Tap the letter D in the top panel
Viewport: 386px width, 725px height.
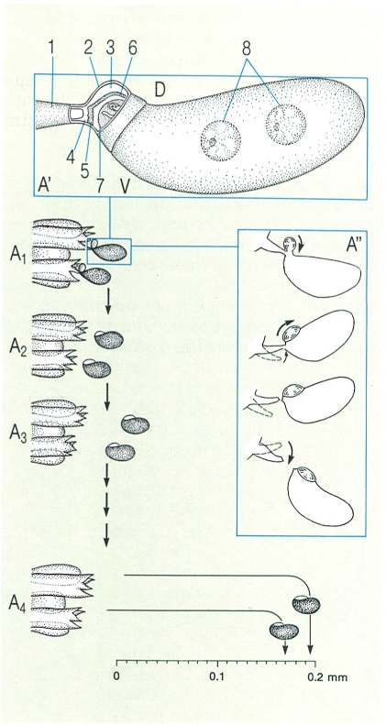pos(160,90)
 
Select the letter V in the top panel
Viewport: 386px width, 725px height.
pos(125,185)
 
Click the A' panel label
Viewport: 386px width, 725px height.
pos(46,186)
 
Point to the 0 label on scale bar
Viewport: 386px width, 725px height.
pos(116,676)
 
